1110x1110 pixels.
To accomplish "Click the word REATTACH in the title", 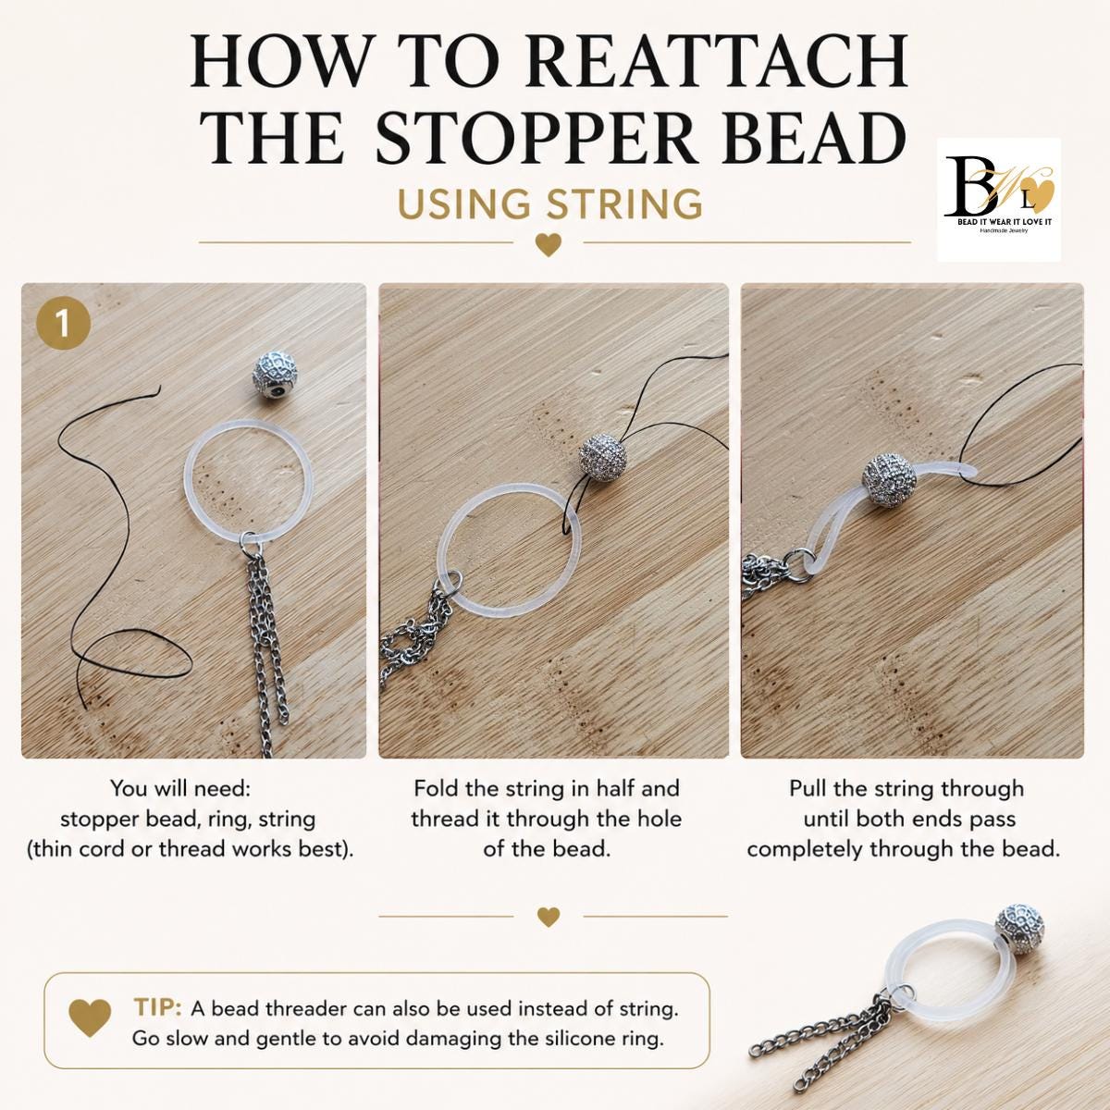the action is (717, 62).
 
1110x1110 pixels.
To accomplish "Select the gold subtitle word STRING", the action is (624, 203).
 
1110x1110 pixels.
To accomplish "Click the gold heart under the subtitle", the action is (548, 244).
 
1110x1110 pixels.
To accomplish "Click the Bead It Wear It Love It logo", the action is (999, 200).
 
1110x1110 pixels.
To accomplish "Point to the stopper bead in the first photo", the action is (276, 376).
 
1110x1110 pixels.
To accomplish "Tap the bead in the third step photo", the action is (889, 480).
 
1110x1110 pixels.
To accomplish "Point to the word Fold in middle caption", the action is (436, 788).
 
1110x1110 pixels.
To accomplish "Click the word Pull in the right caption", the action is (808, 788).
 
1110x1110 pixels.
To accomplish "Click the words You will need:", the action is (181, 788).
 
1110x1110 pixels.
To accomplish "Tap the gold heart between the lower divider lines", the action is (548, 917).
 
